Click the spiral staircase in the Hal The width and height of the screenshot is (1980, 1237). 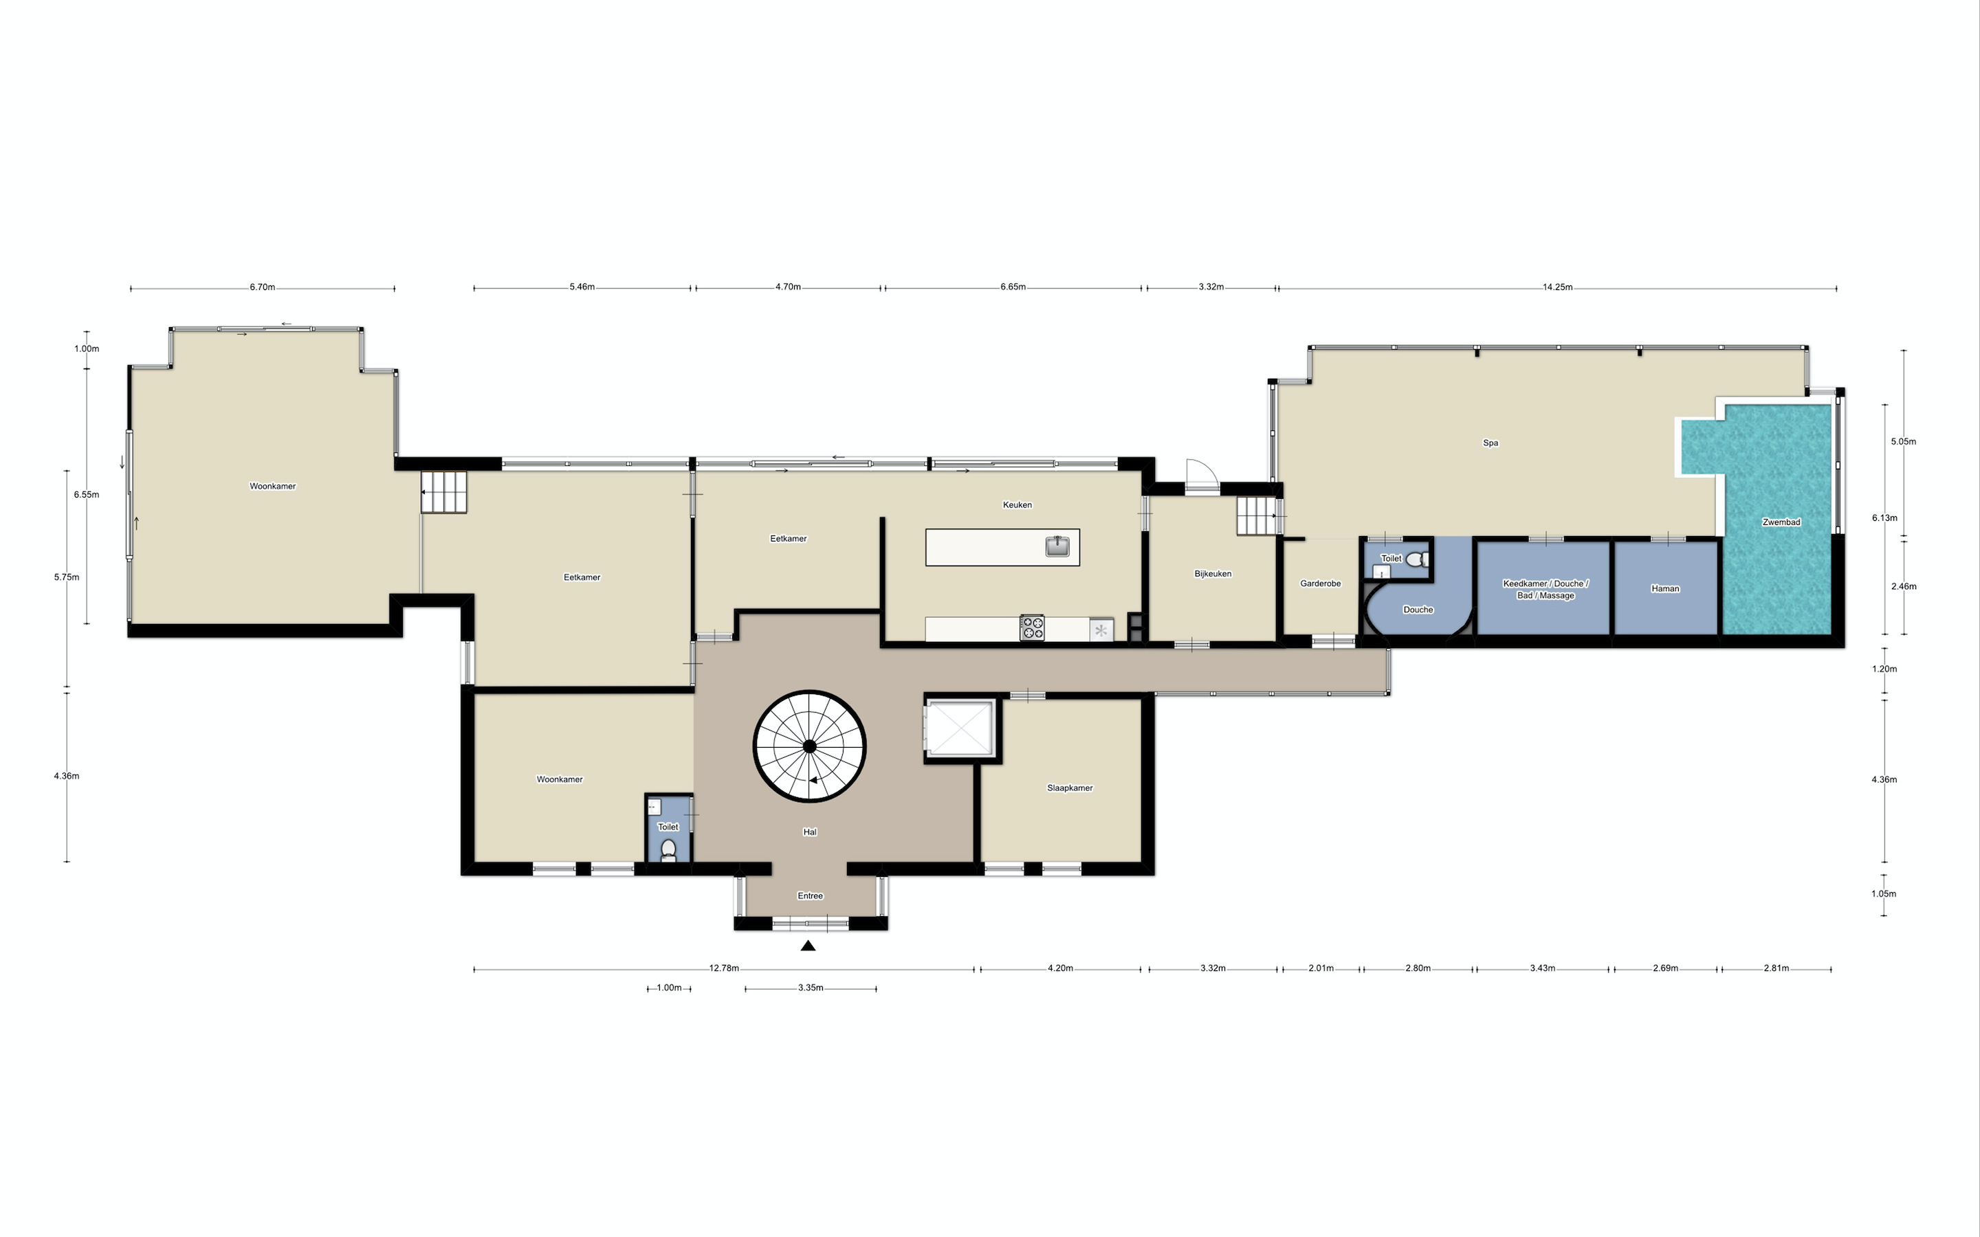[x=809, y=746]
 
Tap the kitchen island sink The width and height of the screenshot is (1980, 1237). [x=1057, y=546]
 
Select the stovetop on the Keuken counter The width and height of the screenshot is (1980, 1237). [x=1032, y=628]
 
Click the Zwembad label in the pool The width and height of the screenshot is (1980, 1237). [x=1781, y=522]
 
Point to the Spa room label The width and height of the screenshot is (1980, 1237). [x=1490, y=443]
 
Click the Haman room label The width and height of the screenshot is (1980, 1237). [x=1665, y=588]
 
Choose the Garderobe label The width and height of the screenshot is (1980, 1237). [x=1321, y=583]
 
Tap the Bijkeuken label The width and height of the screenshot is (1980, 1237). [x=1213, y=574]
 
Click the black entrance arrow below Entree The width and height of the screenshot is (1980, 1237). [x=808, y=946]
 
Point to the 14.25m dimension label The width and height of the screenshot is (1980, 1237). [x=1557, y=287]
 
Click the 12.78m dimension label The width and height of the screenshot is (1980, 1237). [x=724, y=968]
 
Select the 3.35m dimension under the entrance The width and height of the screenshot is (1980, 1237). [x=810, y=988]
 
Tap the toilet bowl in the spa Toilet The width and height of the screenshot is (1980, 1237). [x=1424, y=559]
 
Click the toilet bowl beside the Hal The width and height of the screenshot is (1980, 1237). [x=668, y=850]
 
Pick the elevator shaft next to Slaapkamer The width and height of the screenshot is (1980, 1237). [x=961, y=728]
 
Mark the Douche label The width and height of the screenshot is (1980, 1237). [x=1418, y=610]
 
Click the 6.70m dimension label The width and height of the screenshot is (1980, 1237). [x=263, y=287]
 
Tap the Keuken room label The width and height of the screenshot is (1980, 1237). [x=1017, y=505]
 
